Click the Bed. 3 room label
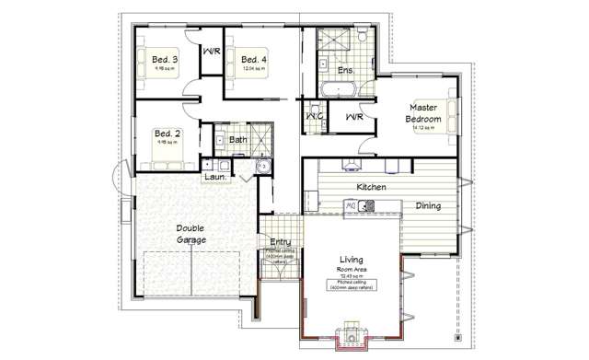click(165, 61)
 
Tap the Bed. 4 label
click(254, 61)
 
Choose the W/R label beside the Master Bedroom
click(354, 117)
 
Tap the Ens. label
click(346, 70)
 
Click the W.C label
click(313, 117)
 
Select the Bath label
click(238, 140)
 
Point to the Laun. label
click(215, 175)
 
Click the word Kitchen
click(372, 187)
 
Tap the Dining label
click(428, 206)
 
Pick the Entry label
click(280, 242)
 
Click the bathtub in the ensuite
click(340, 89)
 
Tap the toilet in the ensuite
click(365, 37)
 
